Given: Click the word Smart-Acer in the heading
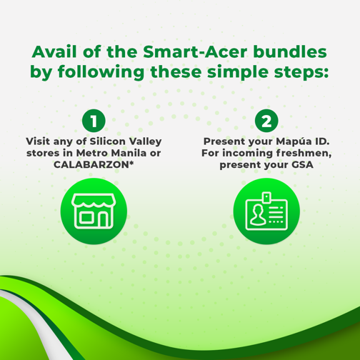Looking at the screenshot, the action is click(x=195, y=51).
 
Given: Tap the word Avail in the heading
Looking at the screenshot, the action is click(x=54, y=51).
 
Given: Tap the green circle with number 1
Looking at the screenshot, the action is click(x=94, y=121).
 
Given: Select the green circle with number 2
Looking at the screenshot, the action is click(x=266, y=121).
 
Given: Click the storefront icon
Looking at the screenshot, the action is click(x=94, y=211).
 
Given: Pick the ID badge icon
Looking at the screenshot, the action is click(x=266, y=211).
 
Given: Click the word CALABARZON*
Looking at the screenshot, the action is click(x=94, y=164).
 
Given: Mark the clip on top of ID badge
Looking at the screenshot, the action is click(x=266, y=198).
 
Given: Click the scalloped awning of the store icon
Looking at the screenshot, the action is click(x=94, y=201).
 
